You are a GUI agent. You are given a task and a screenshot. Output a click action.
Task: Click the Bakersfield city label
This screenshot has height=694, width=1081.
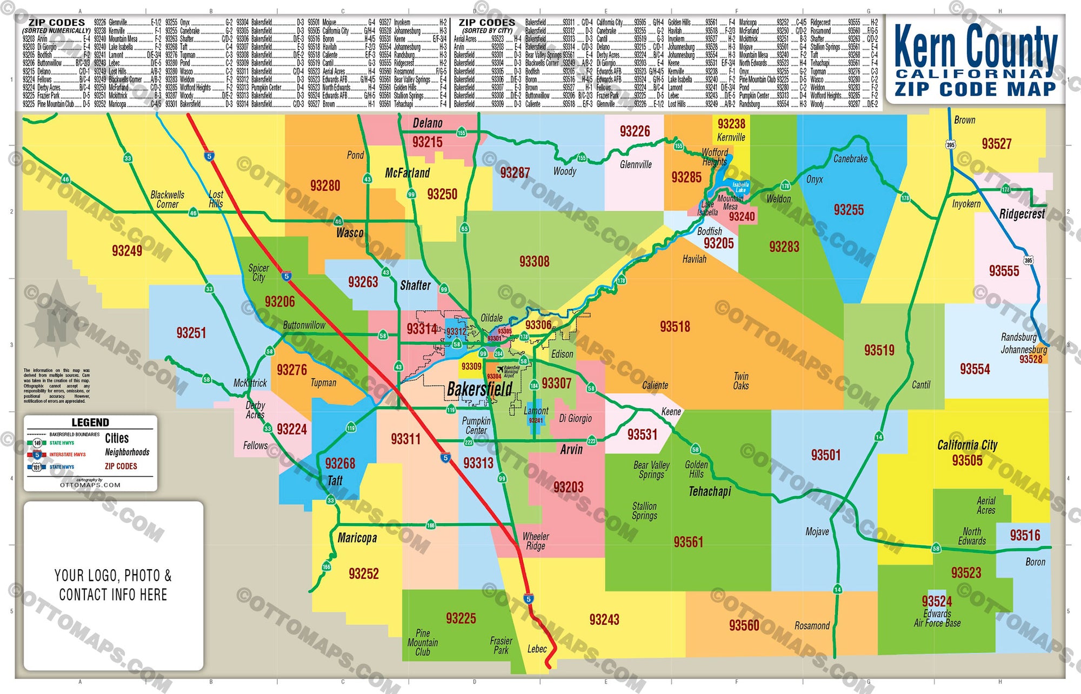[479, 389]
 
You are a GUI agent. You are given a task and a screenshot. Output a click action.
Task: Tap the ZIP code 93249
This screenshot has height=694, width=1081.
[127, 251]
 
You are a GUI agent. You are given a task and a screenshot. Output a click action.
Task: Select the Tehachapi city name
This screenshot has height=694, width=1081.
[710, 491]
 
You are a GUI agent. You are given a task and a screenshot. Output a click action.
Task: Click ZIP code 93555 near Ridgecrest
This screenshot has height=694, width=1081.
[1004, 271]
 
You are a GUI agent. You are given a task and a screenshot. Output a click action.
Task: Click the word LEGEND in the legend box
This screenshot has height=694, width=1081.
[90, 423]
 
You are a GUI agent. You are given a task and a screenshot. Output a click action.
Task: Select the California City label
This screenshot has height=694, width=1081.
[967, 445]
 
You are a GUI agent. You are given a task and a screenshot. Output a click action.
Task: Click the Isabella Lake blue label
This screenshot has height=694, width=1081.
[740, 187]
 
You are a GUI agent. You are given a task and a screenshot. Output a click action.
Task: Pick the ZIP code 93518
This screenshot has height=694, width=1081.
[675, 326]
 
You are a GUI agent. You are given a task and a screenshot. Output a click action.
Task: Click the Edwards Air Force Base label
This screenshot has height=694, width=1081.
[937, 618]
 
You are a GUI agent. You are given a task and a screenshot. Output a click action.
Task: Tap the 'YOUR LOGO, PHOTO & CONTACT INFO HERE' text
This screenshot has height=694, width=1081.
[113, 585]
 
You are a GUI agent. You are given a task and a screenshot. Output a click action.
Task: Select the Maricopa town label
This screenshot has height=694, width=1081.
[357, 538]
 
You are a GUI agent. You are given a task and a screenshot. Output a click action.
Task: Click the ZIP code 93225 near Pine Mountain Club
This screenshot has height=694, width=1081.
[461, 618]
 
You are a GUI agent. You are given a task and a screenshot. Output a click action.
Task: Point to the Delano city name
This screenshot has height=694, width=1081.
[428, 123]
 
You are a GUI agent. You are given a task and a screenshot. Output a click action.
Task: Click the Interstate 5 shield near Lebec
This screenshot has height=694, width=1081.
[529, 599]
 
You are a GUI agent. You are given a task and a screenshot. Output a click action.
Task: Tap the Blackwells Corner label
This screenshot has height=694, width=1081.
[167, 199]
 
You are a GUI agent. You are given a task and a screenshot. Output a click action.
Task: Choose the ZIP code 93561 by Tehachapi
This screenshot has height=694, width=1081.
[688, 542]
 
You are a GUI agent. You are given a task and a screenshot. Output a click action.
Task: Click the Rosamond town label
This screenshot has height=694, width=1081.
[812, 626]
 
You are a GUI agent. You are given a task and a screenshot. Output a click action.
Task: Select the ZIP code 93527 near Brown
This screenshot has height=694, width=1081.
[996, 144]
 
